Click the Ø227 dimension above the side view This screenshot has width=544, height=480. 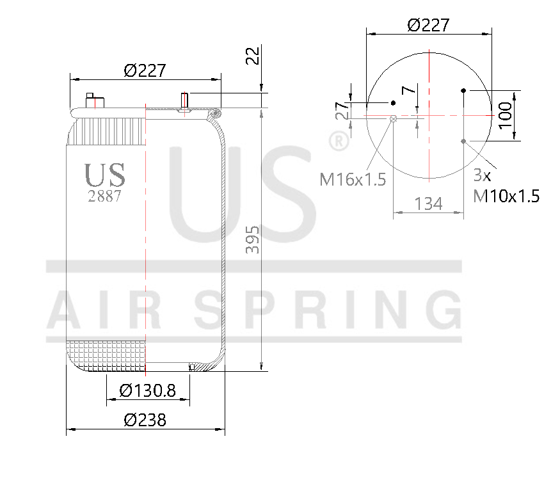click(x=145, y=70)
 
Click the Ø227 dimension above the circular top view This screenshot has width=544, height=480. click(x=428, y=25)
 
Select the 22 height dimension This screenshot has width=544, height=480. click(x=253, y=56)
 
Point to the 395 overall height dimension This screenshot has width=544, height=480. click(x=253, y=239)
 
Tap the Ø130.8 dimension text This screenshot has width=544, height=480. click(x=147, y=390)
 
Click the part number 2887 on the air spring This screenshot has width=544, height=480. click(x=104, y=196)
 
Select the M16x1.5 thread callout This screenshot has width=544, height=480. click(x=353, y=180)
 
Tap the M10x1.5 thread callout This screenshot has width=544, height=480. click(x=506, y=196)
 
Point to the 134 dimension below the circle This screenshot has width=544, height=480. click(x=428, y=204)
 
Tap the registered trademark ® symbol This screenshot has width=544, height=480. click(x=338, y=141)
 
